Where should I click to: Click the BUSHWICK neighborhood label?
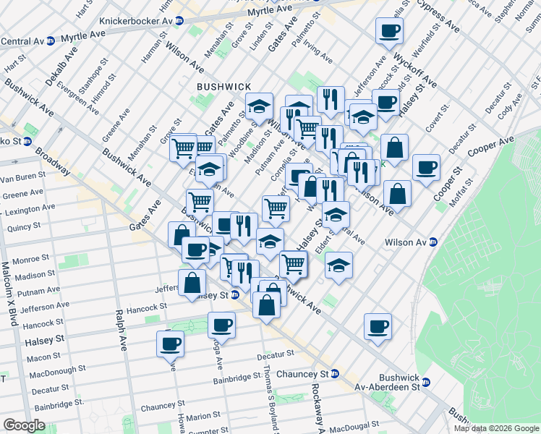[224, 87]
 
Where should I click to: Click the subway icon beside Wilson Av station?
[433, 242]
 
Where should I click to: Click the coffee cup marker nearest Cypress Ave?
[389, 30]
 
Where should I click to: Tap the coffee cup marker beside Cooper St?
[426, 167]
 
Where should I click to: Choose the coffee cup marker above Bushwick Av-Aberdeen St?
[378, 326]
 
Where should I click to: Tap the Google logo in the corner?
[24, 425]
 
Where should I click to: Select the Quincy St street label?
[22, 226]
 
